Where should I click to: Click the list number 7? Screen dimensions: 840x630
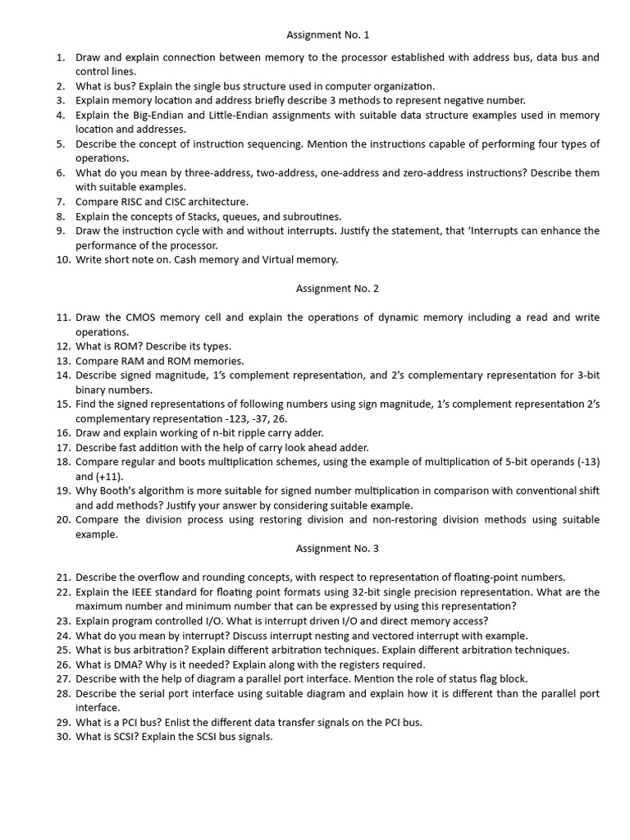click(x=61, y=202)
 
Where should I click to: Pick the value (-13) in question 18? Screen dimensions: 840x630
click(x=586, y=462)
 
